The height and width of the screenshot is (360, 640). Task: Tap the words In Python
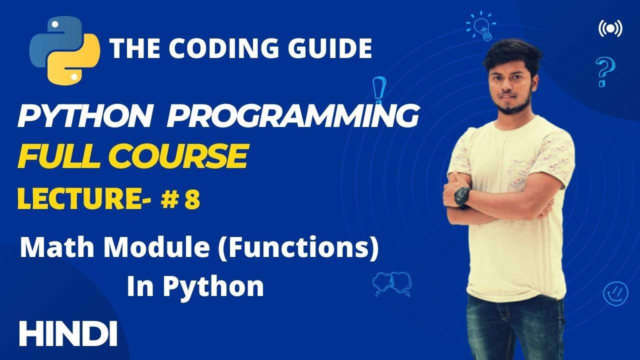(x=195, y=286)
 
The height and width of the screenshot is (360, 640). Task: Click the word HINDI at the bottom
(x=68, y=333)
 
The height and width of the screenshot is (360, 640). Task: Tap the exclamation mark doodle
(x=379, y=89)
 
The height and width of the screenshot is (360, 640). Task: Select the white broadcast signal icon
(x=610, y=29)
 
